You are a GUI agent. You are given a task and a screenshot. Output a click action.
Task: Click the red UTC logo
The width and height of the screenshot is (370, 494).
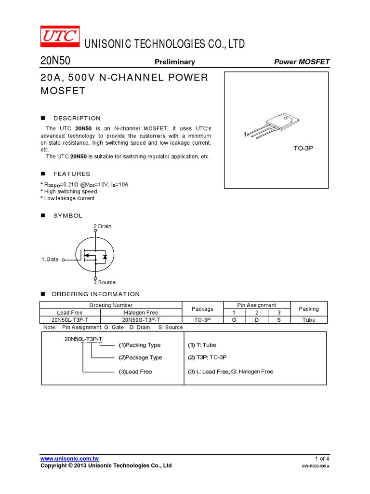59,37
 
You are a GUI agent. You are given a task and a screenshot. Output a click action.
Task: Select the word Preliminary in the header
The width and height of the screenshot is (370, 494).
174,62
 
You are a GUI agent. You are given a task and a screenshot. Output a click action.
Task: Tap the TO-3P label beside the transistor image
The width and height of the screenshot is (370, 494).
304,148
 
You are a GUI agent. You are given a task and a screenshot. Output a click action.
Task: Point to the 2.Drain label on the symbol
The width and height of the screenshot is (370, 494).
102,226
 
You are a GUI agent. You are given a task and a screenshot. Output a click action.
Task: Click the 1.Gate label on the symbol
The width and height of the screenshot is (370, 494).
50,260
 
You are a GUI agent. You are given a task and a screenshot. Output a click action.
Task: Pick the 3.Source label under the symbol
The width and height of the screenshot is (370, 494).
105,282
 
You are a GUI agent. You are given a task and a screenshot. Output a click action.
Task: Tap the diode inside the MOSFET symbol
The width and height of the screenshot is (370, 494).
105,257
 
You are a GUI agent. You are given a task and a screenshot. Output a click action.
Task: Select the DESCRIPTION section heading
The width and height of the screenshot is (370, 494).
77,118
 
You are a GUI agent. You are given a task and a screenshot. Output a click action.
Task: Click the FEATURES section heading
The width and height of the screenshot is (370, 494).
72,174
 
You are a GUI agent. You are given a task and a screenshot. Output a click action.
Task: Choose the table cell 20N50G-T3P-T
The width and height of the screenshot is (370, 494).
140,320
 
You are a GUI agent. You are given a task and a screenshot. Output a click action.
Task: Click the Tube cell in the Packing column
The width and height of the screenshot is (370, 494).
309,320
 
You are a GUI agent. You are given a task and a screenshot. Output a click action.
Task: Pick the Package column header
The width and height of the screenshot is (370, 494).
202,309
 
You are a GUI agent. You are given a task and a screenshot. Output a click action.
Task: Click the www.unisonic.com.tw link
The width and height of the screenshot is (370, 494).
69,458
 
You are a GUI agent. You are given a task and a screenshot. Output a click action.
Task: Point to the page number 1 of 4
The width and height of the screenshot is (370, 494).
322,458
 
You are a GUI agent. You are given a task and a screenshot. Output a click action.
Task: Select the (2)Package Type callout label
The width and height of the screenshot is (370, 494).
140,357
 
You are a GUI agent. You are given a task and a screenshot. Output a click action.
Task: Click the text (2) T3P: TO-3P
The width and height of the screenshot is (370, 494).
207,357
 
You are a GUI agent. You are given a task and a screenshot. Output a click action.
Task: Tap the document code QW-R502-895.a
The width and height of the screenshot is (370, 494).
316,467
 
